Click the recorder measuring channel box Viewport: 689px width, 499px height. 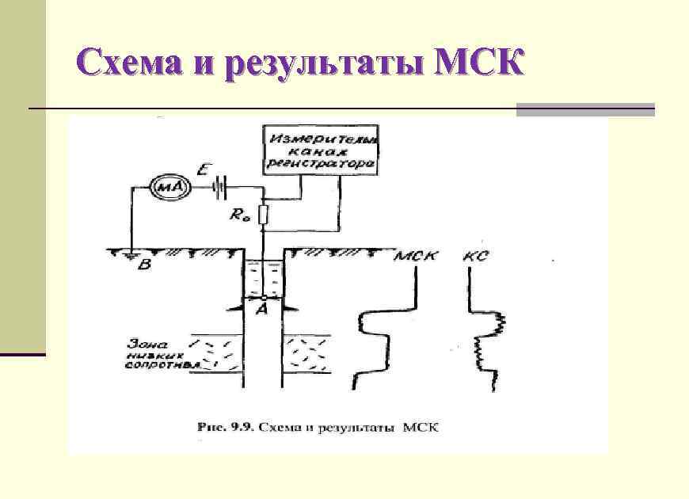tap(320, 150)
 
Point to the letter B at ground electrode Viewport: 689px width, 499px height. tap(143, 265)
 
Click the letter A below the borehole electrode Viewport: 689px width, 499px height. tap(261, 310)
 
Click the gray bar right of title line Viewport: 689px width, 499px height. tap(585, 109)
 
